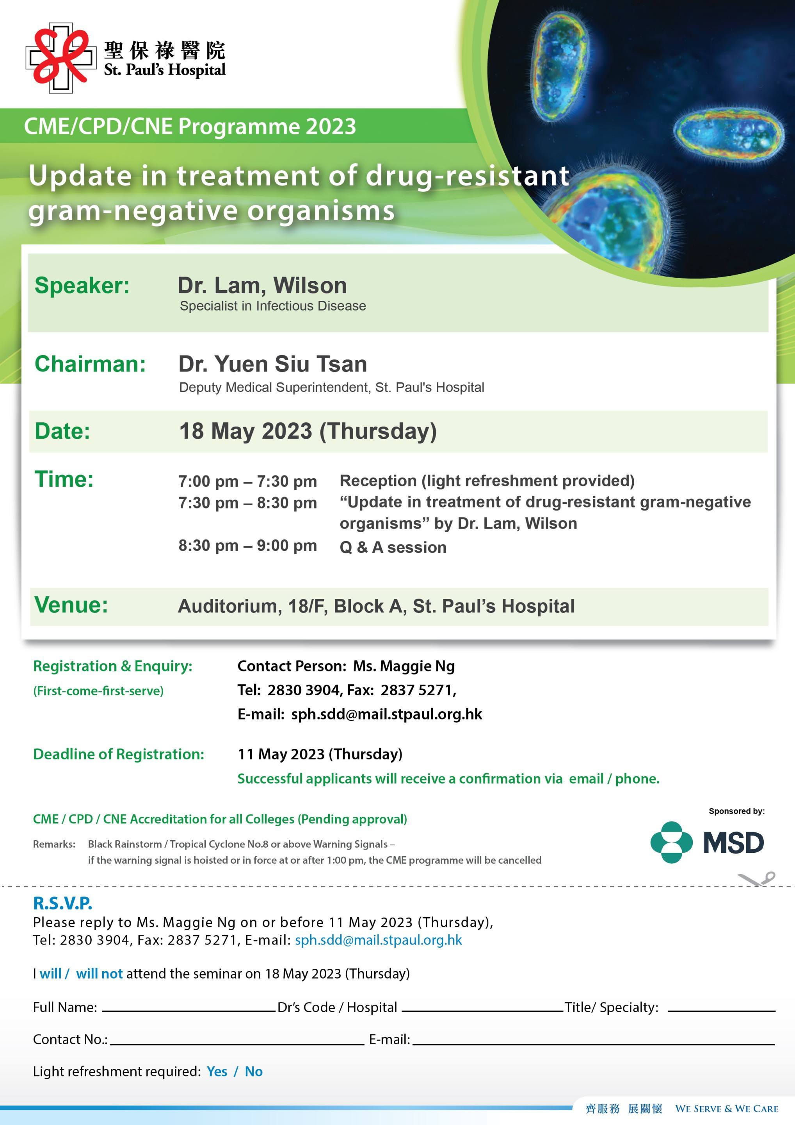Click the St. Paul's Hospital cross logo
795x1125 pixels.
[61, 58]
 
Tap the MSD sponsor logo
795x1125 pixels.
[707, 842]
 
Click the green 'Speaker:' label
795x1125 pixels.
[82, 285]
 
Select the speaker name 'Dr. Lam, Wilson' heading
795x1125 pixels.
[262, 285]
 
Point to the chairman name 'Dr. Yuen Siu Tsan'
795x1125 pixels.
[273, 364]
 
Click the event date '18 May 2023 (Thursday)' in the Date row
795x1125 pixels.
[308, 431]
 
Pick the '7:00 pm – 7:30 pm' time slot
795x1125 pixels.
[248, 481]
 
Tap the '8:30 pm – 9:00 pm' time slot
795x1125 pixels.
[248, 545]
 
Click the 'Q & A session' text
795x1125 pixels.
[393, 547]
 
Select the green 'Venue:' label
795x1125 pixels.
[71, 605]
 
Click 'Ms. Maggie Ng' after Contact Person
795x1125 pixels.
[404, 666]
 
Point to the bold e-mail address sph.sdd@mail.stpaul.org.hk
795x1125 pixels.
[387, 714]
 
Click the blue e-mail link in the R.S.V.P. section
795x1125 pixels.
[379, 940]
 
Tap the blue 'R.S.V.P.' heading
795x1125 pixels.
[63, 903]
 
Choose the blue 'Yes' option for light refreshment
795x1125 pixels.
[217, 1071]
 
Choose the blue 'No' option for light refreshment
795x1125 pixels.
[254, 1071]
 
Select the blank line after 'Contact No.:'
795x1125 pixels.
[237, 1044]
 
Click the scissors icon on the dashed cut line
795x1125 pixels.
[756, 879]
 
